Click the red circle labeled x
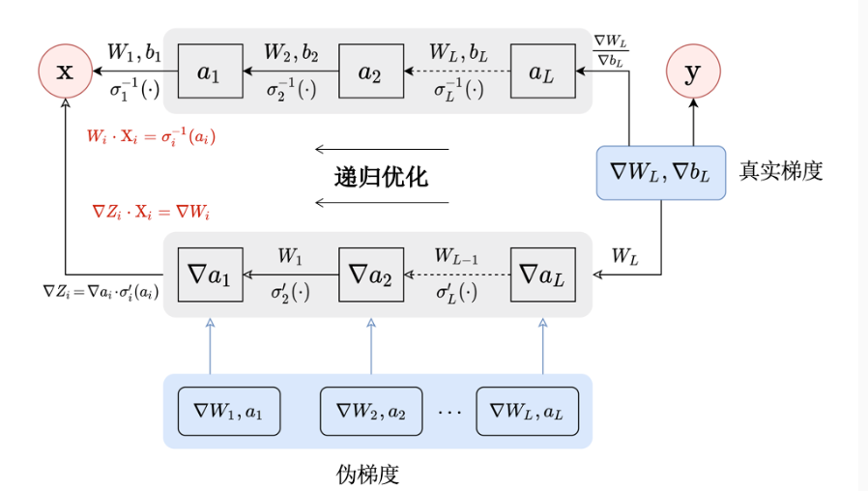point(65,72)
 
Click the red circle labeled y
point(693,72)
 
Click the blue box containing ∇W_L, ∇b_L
point(661,173)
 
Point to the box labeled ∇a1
point(210,274)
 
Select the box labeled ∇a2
point(371,274)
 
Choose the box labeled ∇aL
point(542,274)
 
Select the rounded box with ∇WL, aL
point(527,411)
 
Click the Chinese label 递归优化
point(381,177)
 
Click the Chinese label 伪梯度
point(368,475)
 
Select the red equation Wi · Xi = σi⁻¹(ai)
point(150,135)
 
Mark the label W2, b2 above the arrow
point(291,51)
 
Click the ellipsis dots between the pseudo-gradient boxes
point(449,412)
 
